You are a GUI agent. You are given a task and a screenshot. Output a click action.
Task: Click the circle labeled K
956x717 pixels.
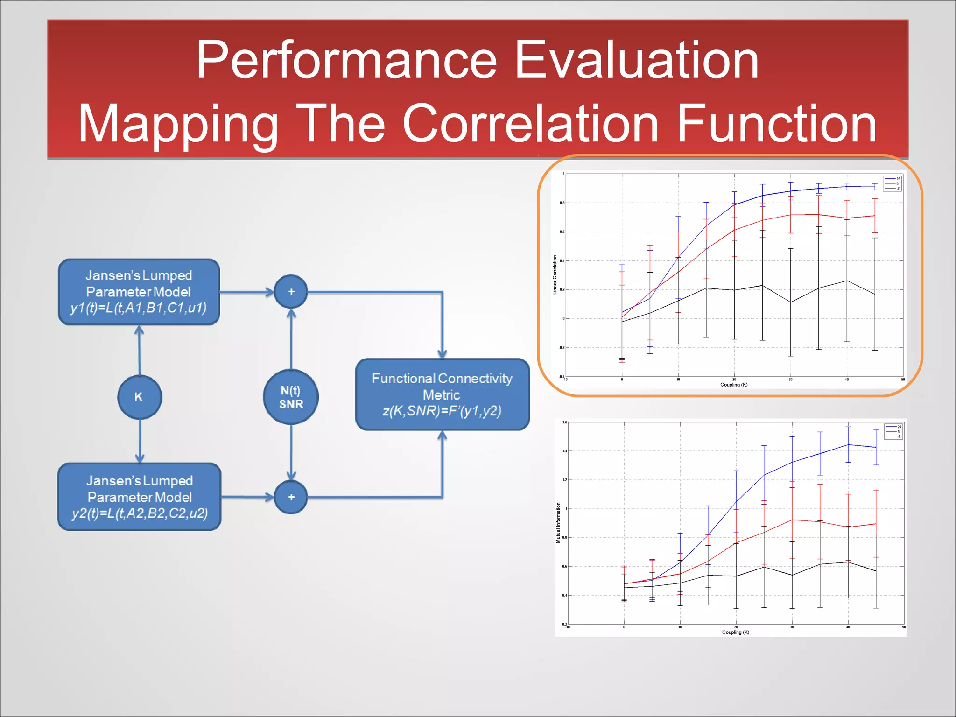(x=139, y=397)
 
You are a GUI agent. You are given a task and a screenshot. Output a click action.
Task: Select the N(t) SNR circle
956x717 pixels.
(x=291, y=397)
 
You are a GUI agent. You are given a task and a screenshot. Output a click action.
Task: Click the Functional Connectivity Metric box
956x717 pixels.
(x=442, y=394)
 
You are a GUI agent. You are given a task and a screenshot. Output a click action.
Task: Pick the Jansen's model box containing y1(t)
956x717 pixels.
(x=139, y=292)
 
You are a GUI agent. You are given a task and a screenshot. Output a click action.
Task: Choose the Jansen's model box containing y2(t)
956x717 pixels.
(x=139, y=497)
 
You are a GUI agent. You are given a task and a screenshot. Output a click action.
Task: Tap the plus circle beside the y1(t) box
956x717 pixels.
(x=291, y=292)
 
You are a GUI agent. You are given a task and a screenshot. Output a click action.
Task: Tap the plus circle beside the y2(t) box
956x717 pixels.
(x=291, y=497)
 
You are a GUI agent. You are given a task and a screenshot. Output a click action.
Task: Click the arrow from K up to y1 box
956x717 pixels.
(x=139, y=350)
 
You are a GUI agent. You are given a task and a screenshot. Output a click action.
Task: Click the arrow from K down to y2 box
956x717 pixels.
(x=140, y=441)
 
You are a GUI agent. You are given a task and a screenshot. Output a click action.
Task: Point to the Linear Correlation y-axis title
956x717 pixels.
(x=555, y=274)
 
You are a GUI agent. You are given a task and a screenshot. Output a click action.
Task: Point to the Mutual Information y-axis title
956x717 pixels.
(x=558, y=523)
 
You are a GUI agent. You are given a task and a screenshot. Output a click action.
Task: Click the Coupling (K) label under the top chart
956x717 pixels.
(x=733, y=385)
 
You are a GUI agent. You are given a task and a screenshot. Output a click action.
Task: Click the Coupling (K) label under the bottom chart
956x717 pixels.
(x=735, y=633)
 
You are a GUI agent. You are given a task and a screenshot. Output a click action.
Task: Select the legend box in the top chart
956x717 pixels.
(x=892, y=183)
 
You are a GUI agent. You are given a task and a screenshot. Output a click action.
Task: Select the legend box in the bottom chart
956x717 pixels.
(x=893, y=431)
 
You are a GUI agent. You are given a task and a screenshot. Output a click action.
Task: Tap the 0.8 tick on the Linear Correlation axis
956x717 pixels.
(x=562, y=203)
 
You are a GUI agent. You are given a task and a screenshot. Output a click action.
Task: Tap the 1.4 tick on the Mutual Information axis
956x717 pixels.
(x=565, y=451)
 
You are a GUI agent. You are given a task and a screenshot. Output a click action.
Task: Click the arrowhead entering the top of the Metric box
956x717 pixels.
(x=442, y=354)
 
